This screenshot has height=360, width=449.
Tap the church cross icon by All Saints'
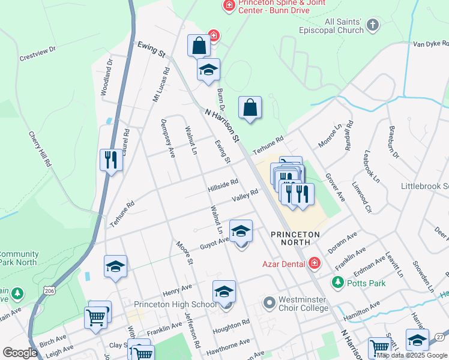pos(373,25)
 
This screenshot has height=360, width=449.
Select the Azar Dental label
pos(283,263)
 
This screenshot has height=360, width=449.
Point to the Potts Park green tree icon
pos(338,282)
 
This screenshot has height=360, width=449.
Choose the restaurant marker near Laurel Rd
pos(110,160)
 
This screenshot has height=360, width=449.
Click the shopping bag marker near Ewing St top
pos(199,45)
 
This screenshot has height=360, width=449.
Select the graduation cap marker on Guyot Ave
pos(241,230)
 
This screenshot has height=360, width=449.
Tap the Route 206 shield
pos(50,291)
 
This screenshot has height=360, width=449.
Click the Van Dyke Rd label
pos(430,43)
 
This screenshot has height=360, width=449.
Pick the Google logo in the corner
pos(20,353)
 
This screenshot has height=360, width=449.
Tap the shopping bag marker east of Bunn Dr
pos(250,108)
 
